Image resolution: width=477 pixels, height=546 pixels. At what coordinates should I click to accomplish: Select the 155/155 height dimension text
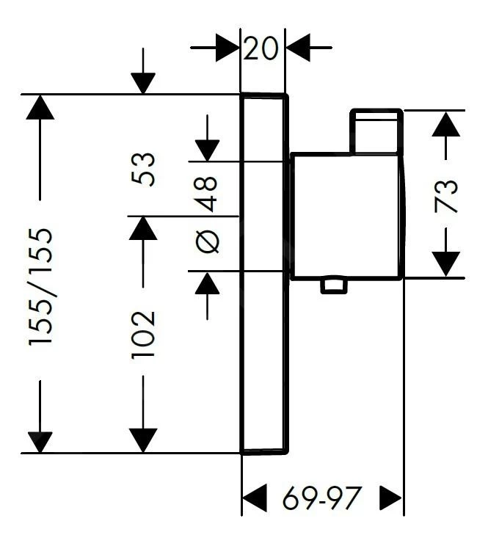tap(41, 287)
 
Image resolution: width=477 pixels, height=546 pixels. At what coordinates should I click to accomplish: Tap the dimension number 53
tap(146, 169)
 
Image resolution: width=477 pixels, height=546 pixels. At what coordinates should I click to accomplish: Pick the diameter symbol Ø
tap(208, 241)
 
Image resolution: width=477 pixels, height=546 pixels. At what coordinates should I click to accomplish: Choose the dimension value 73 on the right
tap(446, 196)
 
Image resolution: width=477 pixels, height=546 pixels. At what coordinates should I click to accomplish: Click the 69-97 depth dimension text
tap(322, 499)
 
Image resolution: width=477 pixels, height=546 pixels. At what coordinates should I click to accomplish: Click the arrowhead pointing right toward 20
tap(228, 48)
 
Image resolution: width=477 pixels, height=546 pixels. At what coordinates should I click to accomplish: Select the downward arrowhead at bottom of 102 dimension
tap(144, 440)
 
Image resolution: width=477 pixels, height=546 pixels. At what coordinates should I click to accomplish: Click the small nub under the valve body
tap(334, 285)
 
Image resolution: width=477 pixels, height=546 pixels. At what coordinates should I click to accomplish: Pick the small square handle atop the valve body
tap(376, 131)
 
